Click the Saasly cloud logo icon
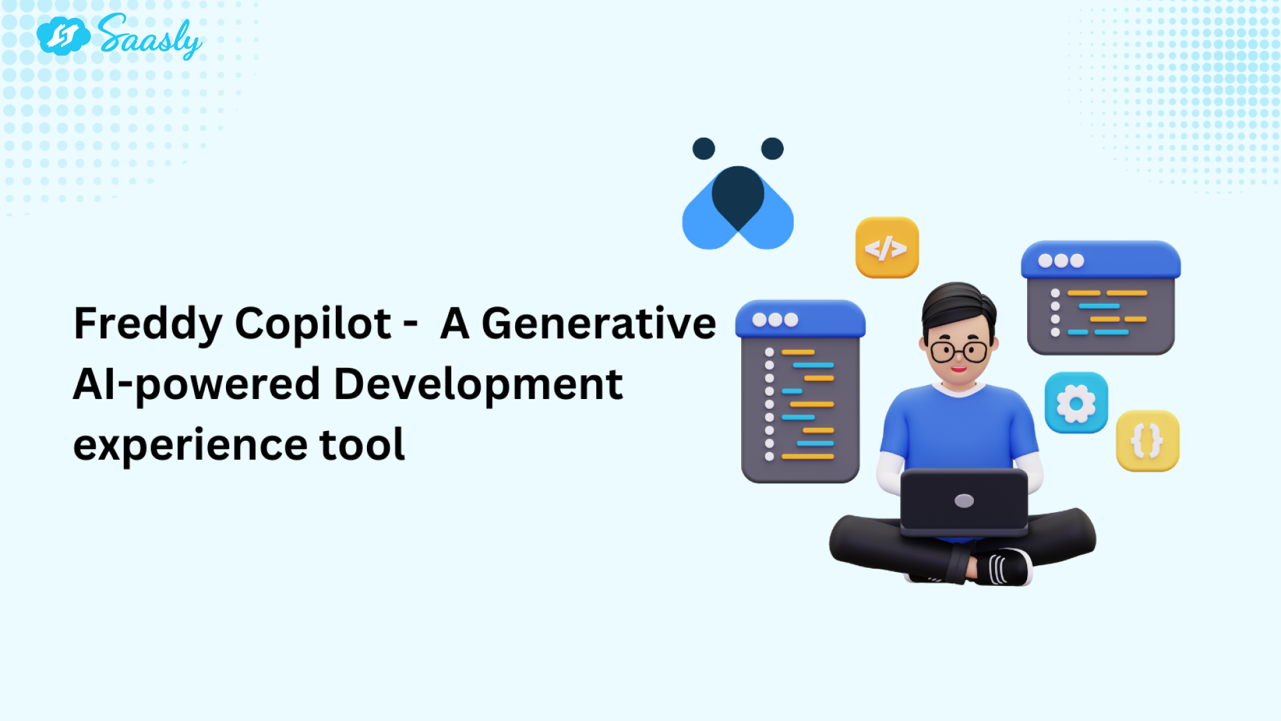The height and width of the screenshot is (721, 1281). tap(63, 36)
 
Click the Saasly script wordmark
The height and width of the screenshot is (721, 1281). tap(150, 37)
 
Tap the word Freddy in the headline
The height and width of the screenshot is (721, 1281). tap(148, 325)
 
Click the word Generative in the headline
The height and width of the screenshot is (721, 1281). tap(598, 324)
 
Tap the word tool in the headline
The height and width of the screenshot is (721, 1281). tap(362, 444)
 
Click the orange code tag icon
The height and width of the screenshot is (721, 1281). tap(887, 247)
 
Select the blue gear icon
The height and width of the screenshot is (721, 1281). tap(1076, 403)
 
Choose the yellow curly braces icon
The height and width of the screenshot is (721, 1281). tap(1147, 441)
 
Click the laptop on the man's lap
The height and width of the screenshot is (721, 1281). tap(964, 503)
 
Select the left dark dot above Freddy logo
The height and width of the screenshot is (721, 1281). tap(703, 148)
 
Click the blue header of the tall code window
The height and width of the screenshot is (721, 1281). tap(800, 319)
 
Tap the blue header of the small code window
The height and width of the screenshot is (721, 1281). tap(1101, 260)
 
